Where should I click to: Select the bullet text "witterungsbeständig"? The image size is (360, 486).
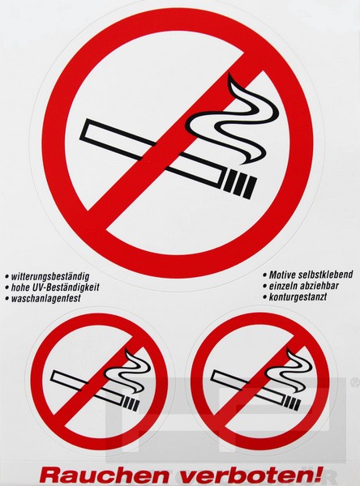pyautogui.click(x=50, y=276)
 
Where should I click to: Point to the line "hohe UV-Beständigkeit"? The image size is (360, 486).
pyautogui.click(x=55, y=288)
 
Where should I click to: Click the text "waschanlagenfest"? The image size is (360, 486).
pyautogui.click(x=45, y=298)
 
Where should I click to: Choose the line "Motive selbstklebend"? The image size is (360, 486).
pyautogui.click(x=311, y=275)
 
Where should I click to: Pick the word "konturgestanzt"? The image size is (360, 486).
pyautogui.click(x=298, y=296)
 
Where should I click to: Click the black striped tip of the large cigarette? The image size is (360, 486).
pyautogui.click(x=240, y=183)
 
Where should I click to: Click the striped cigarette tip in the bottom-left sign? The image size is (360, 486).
pyautogui.click(x=131, y=403)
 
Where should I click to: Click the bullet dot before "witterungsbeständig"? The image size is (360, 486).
pyautogui.click(x=6, y=276)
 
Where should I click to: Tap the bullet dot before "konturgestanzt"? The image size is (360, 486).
pyautogui.click(x=264, y=297)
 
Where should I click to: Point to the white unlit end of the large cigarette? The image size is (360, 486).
pyautogui.click(x=90, y=130)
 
